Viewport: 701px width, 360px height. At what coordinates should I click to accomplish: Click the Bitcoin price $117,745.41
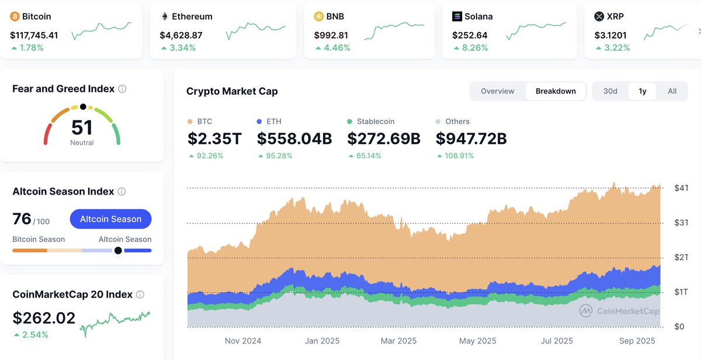[x=34, y=35]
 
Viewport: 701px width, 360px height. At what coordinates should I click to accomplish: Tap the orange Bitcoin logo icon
[x=15, y=17]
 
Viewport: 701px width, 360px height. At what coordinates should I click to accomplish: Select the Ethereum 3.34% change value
[x=182, y=48]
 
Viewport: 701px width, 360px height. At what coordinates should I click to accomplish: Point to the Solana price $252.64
[x=470, y=35]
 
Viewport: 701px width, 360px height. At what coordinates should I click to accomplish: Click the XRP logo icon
[x=599, y=17]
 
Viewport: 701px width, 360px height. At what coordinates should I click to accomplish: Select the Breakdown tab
[x=556, y=91]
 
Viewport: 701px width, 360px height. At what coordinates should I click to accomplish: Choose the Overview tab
[x=497, y=91]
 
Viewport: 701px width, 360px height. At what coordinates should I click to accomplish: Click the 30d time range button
[x=610, y=91]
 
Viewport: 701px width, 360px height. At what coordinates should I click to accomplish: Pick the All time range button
[x=672, y=91]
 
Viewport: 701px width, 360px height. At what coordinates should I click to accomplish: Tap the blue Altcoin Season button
[x=110, y=219]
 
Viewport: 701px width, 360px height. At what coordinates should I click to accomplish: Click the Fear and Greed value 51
[x=82, y=127]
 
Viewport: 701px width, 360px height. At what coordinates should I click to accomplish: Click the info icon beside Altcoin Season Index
[x=122, y=192]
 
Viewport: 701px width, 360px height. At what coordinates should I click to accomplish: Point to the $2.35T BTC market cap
[x=214, y=139]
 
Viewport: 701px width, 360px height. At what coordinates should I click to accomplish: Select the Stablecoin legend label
[x=376, y=122]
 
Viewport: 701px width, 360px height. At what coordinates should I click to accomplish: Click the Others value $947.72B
[x=471, y=139]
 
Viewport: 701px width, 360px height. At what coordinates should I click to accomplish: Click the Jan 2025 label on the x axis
[x=322, y=341]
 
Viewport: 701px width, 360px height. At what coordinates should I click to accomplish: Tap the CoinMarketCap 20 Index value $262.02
[x=44, y=318]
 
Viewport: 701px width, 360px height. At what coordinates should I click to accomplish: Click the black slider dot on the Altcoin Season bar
[x=119, y=250]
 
